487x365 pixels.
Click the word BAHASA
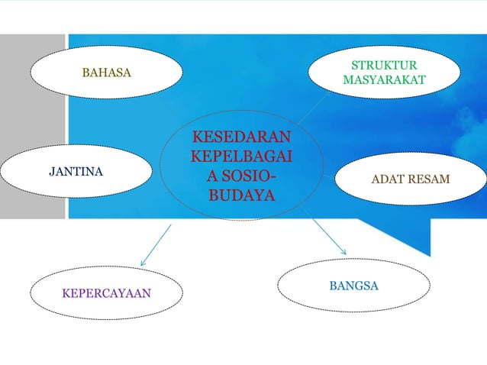[106, 73]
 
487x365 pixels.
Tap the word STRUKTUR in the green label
[384, 65]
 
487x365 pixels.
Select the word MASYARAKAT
[384, 80]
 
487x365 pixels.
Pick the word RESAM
[429, 179]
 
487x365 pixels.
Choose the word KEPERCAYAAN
[106, 292]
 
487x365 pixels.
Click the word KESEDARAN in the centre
[241, 138]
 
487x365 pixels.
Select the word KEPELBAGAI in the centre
[241, 157]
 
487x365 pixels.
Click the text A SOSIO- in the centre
[241, 176]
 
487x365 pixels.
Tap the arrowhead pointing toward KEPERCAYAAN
[143, 263]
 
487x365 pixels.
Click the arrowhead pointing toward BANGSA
[343, 252]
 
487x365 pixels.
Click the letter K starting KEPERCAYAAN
[66, 292]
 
